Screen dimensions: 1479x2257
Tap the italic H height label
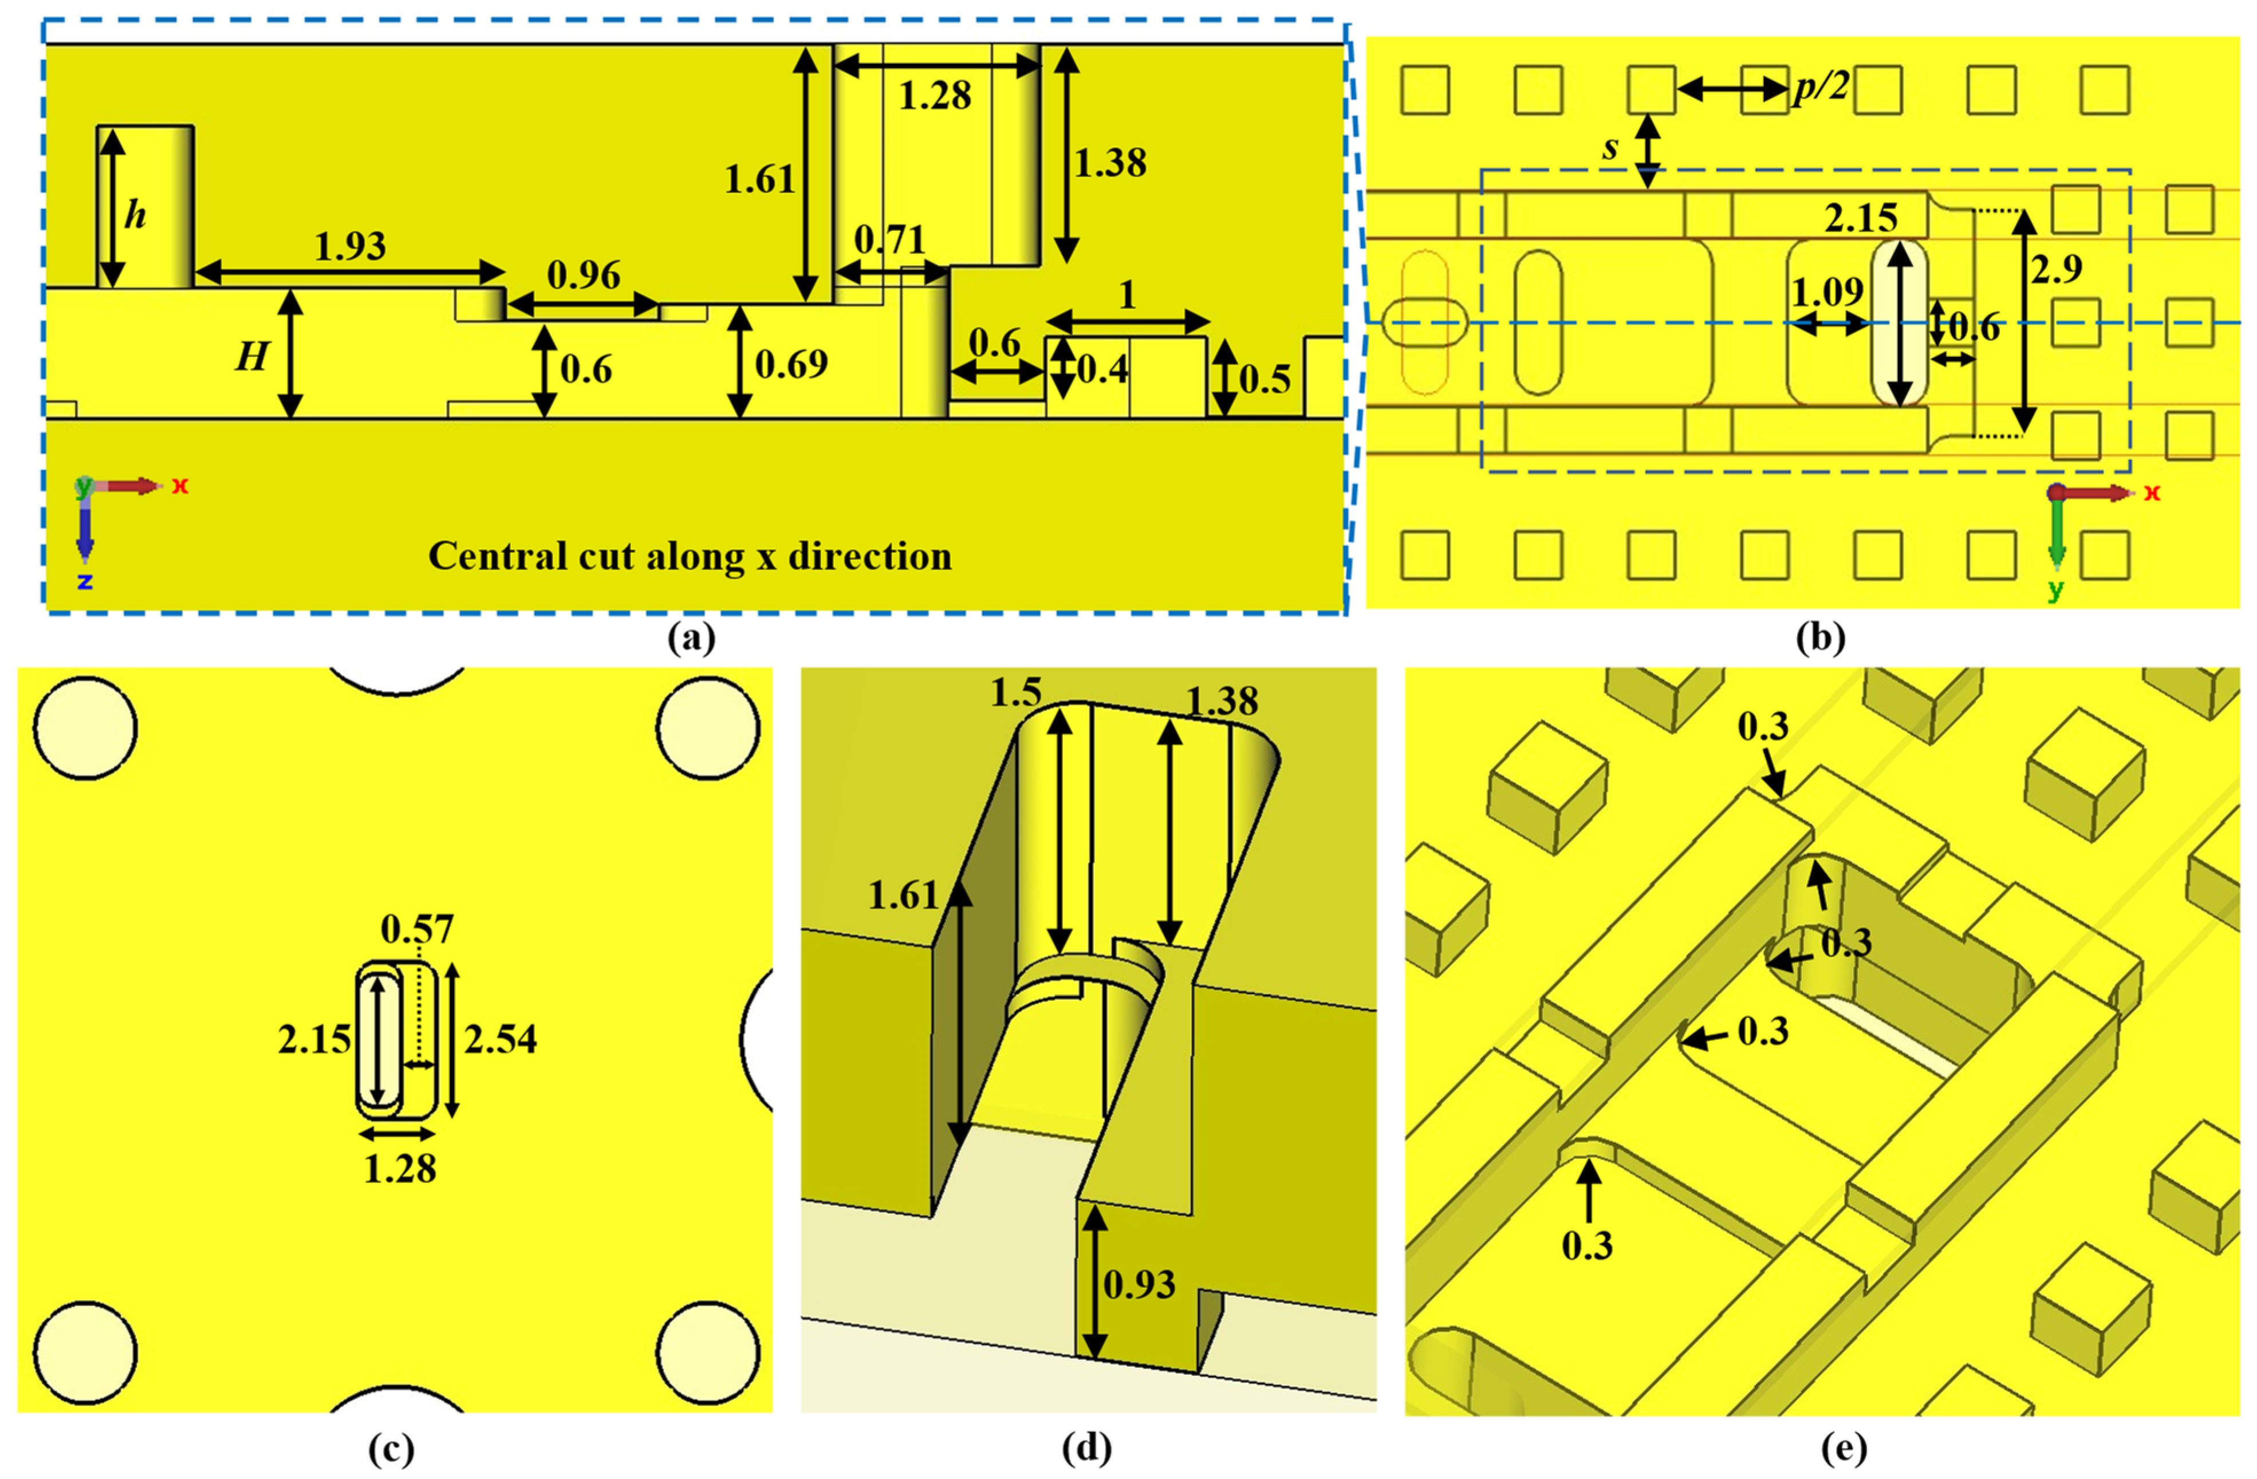coord(251,357)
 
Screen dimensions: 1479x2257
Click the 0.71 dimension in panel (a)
coord(889,240)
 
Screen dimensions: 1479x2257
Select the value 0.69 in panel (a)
coord(791,364)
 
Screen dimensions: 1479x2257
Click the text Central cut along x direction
coord(690,557)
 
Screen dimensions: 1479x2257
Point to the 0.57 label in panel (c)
coord(417,929)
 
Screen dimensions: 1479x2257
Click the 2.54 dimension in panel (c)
coord(500,1039)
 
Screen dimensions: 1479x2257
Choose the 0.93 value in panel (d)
coord(1139,1285)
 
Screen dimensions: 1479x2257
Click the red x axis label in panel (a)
coord(179,486)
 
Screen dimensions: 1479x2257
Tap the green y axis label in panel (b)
coord(2054,590)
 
